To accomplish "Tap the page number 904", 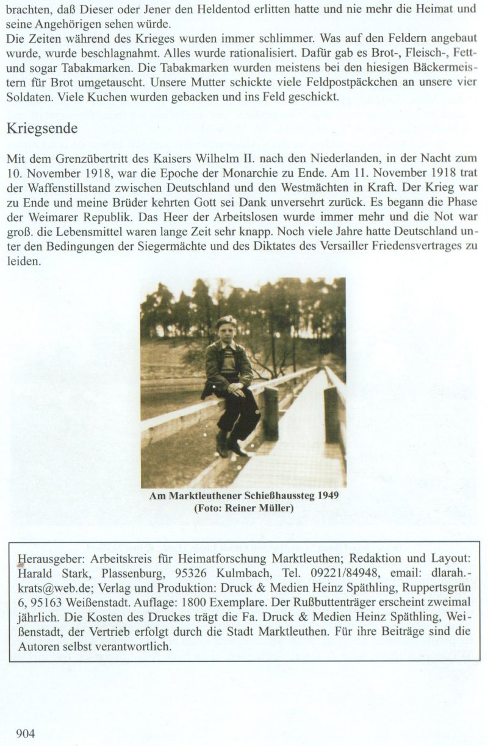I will [26, 734].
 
